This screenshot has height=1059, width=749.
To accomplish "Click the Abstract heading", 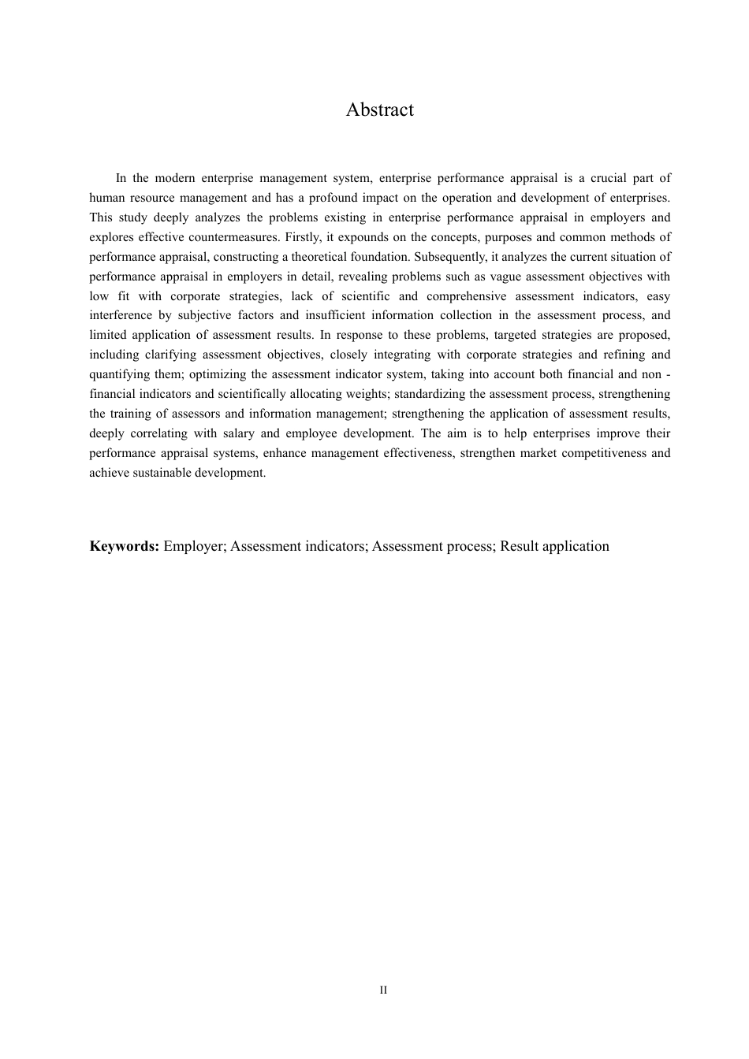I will (379, 110).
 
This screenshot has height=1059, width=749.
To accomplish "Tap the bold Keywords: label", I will (125, 546).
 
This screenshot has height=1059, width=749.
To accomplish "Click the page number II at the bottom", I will (383, 990).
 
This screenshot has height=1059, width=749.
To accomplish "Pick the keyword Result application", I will (554, 546).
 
